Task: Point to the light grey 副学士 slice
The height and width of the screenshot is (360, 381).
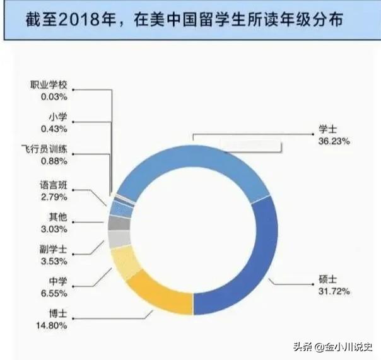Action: tap(118, 239)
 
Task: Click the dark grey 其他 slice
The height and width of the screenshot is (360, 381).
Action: tap(119, 223)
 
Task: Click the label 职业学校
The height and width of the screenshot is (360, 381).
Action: tap(49, 84)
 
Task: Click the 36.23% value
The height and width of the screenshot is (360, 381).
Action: tap(334, 141)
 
